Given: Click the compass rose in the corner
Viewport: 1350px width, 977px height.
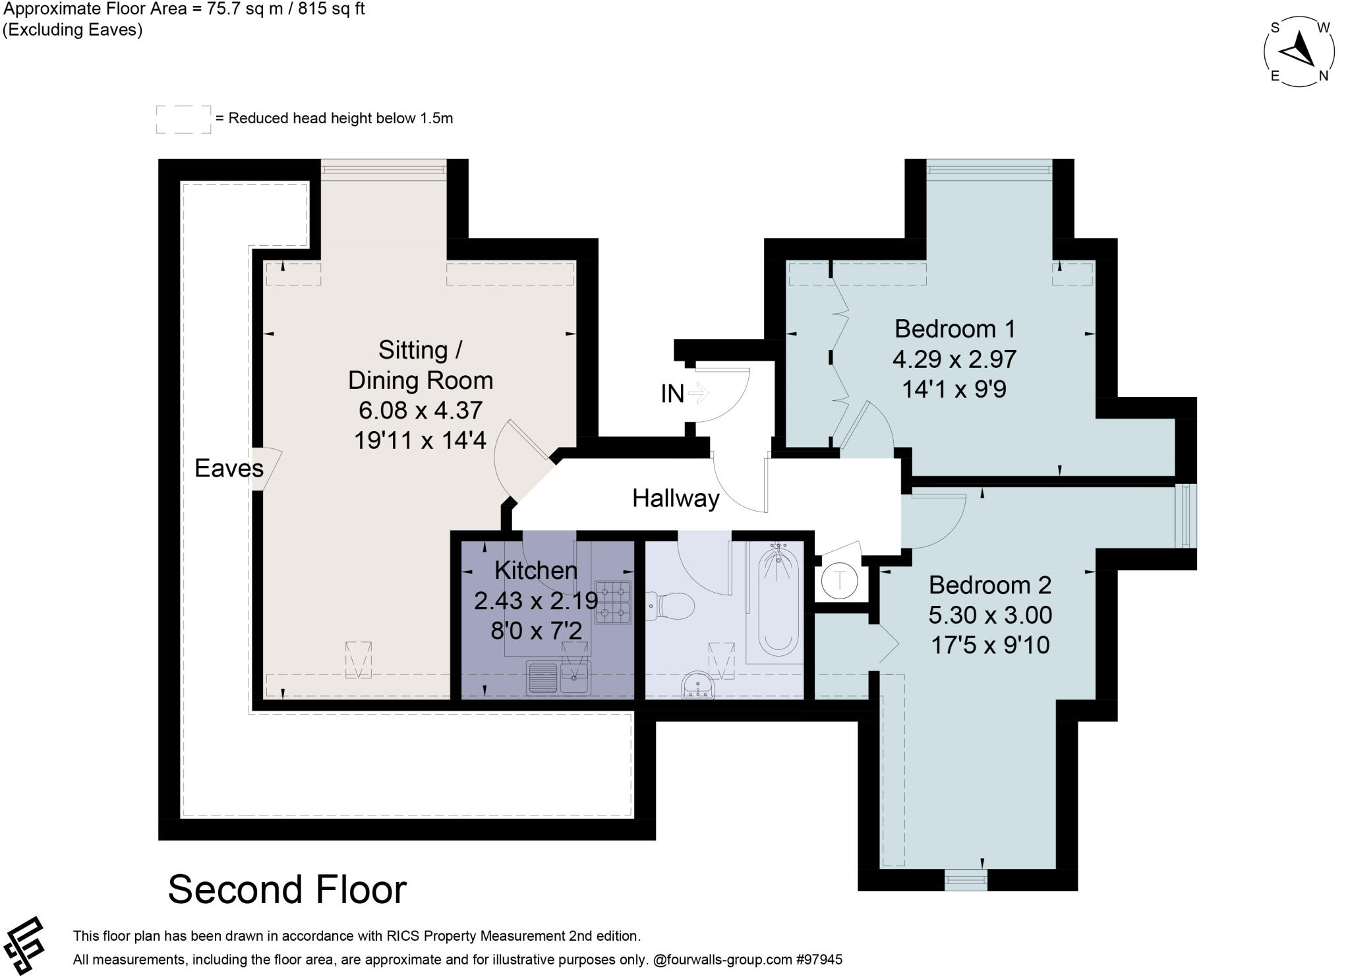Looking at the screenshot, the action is pyautogui.click(x=1299, y=52).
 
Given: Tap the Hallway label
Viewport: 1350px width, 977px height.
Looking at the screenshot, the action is pyautogui.click(x=676, y=498).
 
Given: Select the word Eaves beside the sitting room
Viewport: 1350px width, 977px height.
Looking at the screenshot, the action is pyautogui.click(x=229, y=469).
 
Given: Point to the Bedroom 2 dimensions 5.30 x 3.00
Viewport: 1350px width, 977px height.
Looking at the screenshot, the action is pyautogui.click(x=990, y=615).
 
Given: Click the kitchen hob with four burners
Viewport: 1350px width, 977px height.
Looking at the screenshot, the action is pyautogui.click(x=613, y=602).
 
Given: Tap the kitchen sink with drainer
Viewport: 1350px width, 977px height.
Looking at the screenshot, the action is pyautogui.click(x=559, y=678).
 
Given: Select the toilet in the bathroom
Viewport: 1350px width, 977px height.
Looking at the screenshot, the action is pyautogui.click(x=670, y=606).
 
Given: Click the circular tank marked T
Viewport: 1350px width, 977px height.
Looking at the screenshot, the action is pyautogui.click(x=840, y=581).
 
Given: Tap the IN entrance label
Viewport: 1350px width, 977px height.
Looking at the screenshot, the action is pyautogui.click(x=672, y=394).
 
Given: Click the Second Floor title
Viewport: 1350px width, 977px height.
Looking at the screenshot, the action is pyautogui.click(x=287, y=889).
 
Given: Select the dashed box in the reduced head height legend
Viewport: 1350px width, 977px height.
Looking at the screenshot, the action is pyautogui.click(x=184, y=119).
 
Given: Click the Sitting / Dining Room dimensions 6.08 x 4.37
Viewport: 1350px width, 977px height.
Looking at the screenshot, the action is pyautogui.click(x=421, y=410).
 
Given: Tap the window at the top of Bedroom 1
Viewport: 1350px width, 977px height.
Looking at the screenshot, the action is pyautogui.click(x=989, y=170).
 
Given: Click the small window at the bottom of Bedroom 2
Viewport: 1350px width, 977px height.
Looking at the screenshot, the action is pyautogui.click(x=966, y=879).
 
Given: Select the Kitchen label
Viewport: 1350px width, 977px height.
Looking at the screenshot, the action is pyautogui.click(x=536, y=570).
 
